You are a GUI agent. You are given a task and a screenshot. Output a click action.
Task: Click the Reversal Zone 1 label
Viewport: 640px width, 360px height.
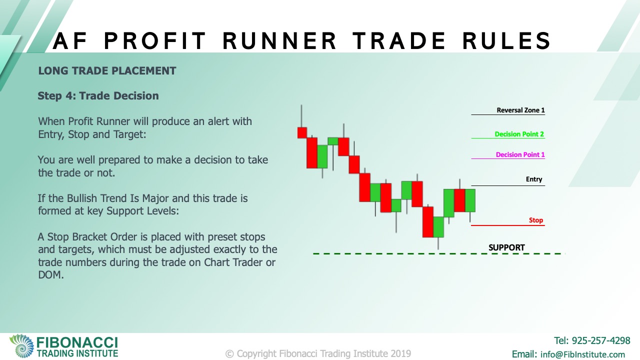pos(520,110)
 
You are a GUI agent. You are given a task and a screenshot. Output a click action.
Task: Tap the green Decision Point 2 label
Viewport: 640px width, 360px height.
pos(519,134)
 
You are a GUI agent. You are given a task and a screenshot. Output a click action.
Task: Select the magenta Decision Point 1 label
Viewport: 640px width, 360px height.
pos(520,154)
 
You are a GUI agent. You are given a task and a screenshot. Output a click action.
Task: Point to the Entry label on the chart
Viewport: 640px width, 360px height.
pos(534,179)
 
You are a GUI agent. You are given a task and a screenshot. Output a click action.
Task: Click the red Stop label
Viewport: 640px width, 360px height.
pos(535,220)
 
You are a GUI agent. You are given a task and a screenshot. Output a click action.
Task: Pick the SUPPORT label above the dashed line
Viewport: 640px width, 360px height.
pos(506,247)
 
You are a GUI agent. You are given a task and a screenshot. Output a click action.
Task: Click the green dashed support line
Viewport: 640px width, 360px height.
pos(439,253)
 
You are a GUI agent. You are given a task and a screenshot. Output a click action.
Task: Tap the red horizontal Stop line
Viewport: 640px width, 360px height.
pos(508,225)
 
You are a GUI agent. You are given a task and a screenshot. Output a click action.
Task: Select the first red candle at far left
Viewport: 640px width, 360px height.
pos(302,133)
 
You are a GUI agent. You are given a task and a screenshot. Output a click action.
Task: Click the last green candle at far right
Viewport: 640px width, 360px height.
pos(470,200)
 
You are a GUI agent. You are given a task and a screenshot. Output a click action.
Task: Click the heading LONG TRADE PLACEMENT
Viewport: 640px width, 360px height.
pos(107,71)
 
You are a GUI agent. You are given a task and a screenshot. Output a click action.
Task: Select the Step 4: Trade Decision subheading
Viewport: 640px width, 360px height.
pos(98,95)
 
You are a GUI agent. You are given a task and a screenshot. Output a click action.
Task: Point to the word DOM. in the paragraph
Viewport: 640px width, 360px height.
pos(51,275)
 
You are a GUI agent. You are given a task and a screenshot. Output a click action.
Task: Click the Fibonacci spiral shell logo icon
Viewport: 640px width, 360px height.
pos(21,345)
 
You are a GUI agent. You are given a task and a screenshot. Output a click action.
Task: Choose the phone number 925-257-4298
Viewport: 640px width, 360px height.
pos(601,340)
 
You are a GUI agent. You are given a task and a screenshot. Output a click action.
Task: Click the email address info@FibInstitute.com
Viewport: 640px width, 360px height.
pos(582,354)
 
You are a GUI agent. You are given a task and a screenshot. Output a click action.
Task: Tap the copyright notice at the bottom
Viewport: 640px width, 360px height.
pos(318,353)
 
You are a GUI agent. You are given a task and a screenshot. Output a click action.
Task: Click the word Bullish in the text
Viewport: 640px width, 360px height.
pos(84,198)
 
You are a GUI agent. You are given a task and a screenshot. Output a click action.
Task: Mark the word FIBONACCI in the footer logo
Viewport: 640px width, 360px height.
pos(77,342)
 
